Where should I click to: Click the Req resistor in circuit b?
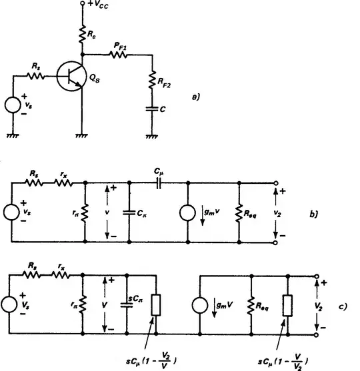tap(238, 213)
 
